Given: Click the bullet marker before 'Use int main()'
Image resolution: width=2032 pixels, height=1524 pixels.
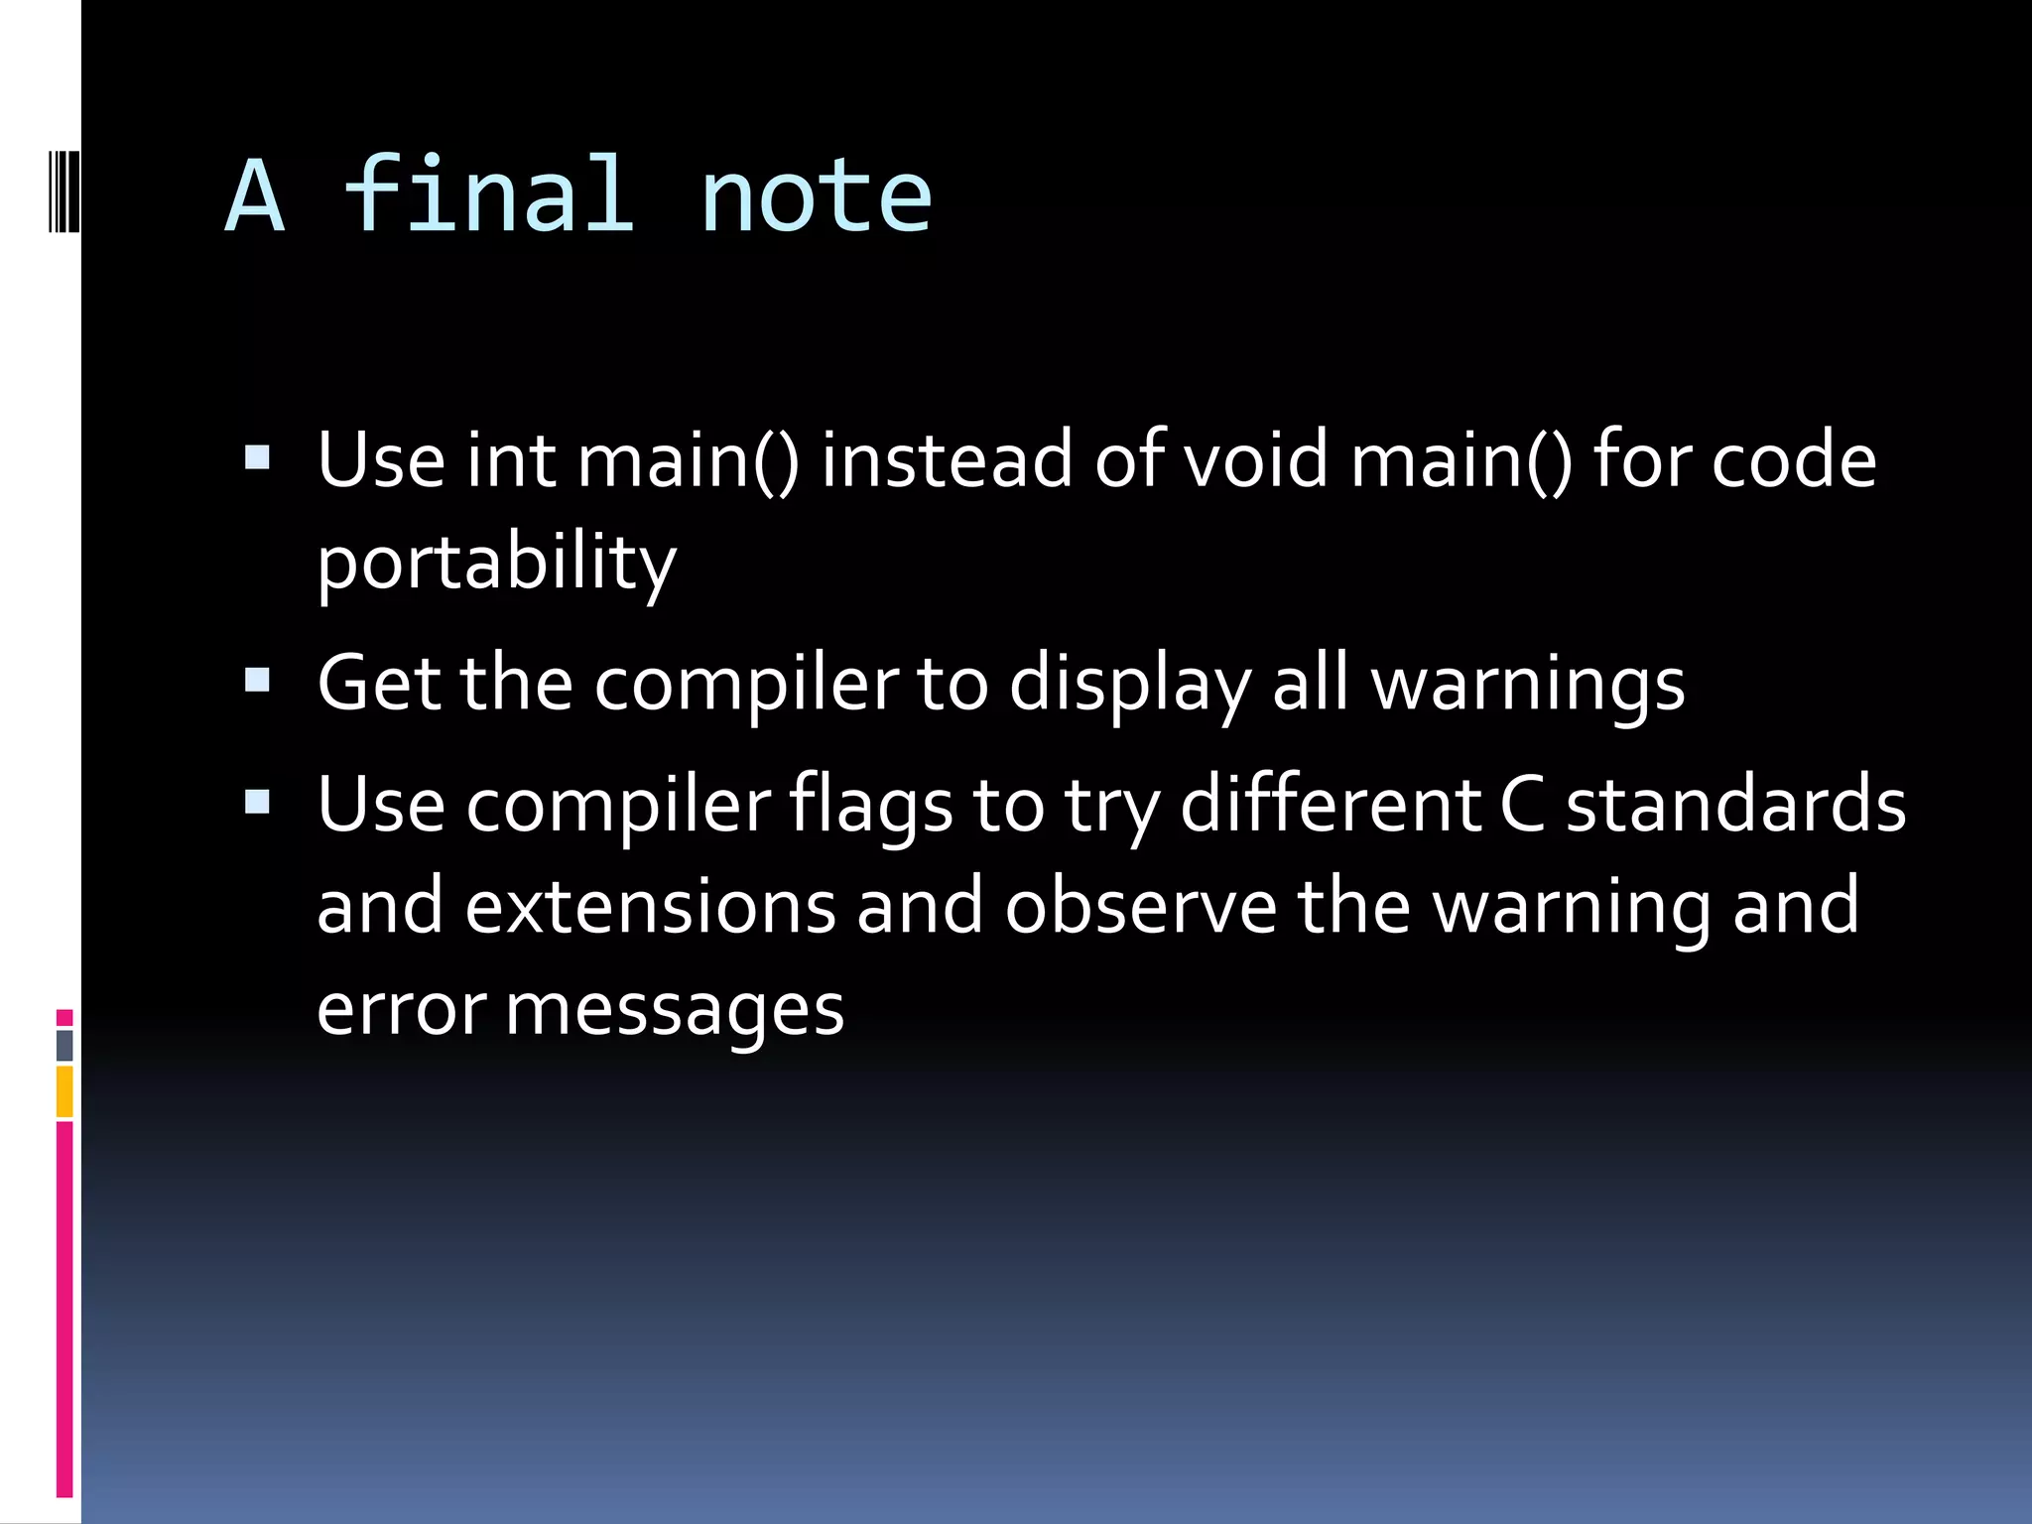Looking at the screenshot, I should click(x=257, y=457).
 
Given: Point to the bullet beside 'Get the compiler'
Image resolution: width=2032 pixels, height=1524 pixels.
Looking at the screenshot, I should click(x=257, y=681).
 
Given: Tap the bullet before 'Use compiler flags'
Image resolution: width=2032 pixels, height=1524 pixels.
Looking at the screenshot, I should click(x=257, y=802).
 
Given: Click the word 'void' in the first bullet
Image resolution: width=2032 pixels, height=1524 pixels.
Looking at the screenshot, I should click(x=1256, y=459).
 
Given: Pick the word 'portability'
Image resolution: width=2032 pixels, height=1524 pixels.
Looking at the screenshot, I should click(x=496, y=564).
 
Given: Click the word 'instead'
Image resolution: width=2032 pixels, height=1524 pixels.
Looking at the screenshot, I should click(x=947, y=459).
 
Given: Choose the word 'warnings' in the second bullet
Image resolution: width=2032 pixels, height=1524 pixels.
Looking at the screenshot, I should click(x=1528, y=685).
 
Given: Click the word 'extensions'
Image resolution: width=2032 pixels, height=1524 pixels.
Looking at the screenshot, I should click(x=651, y=907).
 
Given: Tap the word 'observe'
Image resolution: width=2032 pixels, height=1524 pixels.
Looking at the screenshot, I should click(x=1140, y=907).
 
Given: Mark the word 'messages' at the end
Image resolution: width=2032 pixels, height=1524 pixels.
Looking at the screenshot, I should click(x=675, y=1010).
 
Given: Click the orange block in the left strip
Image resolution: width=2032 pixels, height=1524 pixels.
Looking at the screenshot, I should click(x=64, y=1091).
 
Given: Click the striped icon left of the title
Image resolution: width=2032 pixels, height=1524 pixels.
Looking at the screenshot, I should click(x=63, y=189).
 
